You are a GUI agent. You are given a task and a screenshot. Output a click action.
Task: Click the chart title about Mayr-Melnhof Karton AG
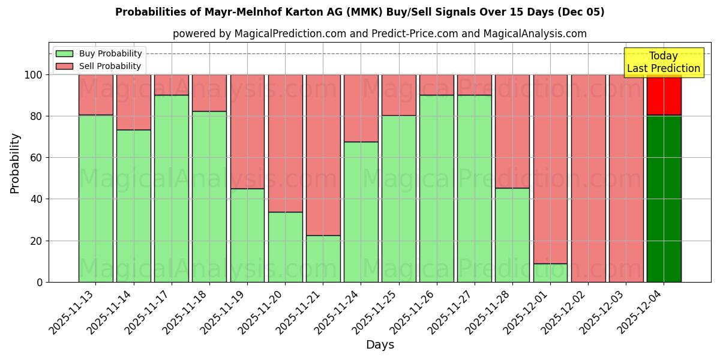click(x=359, y=12)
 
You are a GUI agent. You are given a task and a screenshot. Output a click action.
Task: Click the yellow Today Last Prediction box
click(x=663, y=62)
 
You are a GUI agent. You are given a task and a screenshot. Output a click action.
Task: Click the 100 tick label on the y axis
click(x=34, y=75)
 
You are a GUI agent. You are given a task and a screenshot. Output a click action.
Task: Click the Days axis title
click(x=380, y=345)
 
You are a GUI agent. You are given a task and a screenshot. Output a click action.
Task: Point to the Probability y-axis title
click(x=15, y=163)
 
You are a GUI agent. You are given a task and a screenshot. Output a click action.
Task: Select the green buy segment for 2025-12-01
click(x=550, y=272)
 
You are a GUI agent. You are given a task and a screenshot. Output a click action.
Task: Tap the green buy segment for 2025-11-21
click(x=323, y=259)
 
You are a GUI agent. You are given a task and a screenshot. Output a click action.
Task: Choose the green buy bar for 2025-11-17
click(x=172, y=188)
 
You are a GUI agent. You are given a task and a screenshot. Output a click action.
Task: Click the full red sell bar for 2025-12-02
click(x=588, y=178)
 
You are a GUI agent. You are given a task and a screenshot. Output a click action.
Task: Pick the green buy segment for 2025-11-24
click(x=361, y=212)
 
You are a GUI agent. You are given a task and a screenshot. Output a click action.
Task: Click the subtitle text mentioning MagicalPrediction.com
click(x=380, y=34)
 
